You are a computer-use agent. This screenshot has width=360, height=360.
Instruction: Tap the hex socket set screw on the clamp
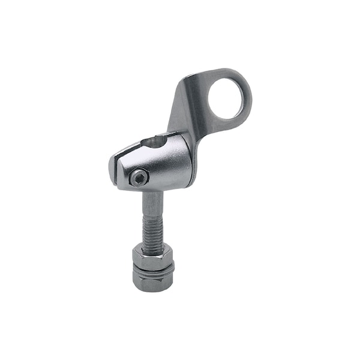tap(139, 177)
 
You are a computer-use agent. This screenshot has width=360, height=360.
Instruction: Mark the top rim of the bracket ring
tap(227, 73)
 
